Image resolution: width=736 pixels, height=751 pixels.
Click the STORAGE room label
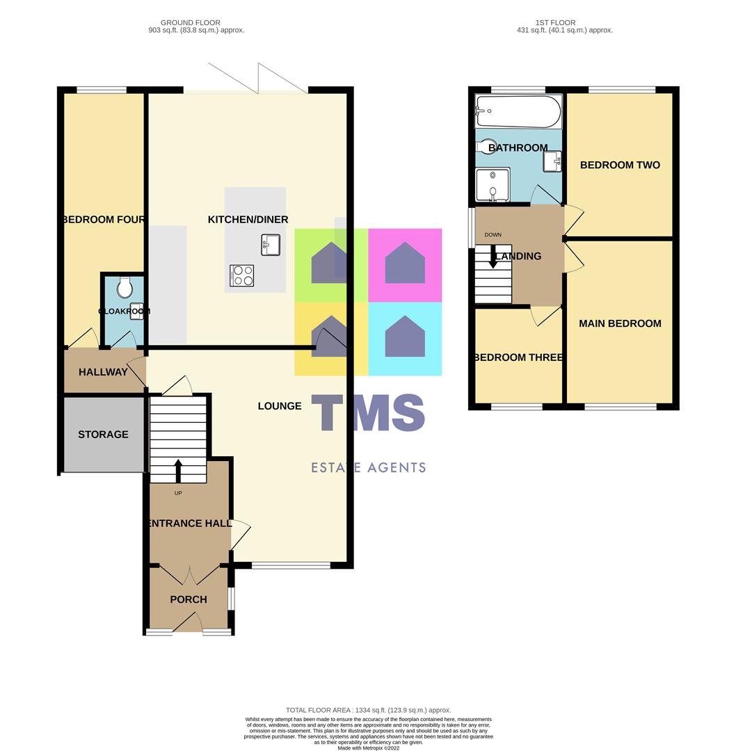(x=103, y=435)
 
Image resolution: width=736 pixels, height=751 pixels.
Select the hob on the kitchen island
(x=241, y=275)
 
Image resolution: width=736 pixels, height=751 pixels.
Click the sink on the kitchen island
(x=271, y=245)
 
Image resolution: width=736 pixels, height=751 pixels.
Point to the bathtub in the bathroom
(x=518, y=111)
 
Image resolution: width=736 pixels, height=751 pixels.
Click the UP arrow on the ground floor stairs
(x=178, y=471)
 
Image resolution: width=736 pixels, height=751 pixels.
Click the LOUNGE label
(x=280, y=406)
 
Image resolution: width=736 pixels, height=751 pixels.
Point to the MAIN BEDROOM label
(x=620, y=323)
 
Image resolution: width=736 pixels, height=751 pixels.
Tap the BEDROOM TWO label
(x=620, y=165)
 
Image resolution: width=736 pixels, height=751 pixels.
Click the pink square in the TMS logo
(x=405, y=265)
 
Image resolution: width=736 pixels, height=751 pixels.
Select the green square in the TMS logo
(x=330, y=265)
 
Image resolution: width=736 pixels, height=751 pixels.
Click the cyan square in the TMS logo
(x=405, y=339)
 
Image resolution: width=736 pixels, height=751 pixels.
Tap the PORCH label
(x=189, y=599)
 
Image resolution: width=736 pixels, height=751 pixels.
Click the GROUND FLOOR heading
(x=196, y=22)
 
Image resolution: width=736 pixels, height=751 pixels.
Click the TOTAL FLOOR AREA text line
(x=368, y=710)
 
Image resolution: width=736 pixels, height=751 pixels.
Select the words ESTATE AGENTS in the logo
(x=368, y=468)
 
